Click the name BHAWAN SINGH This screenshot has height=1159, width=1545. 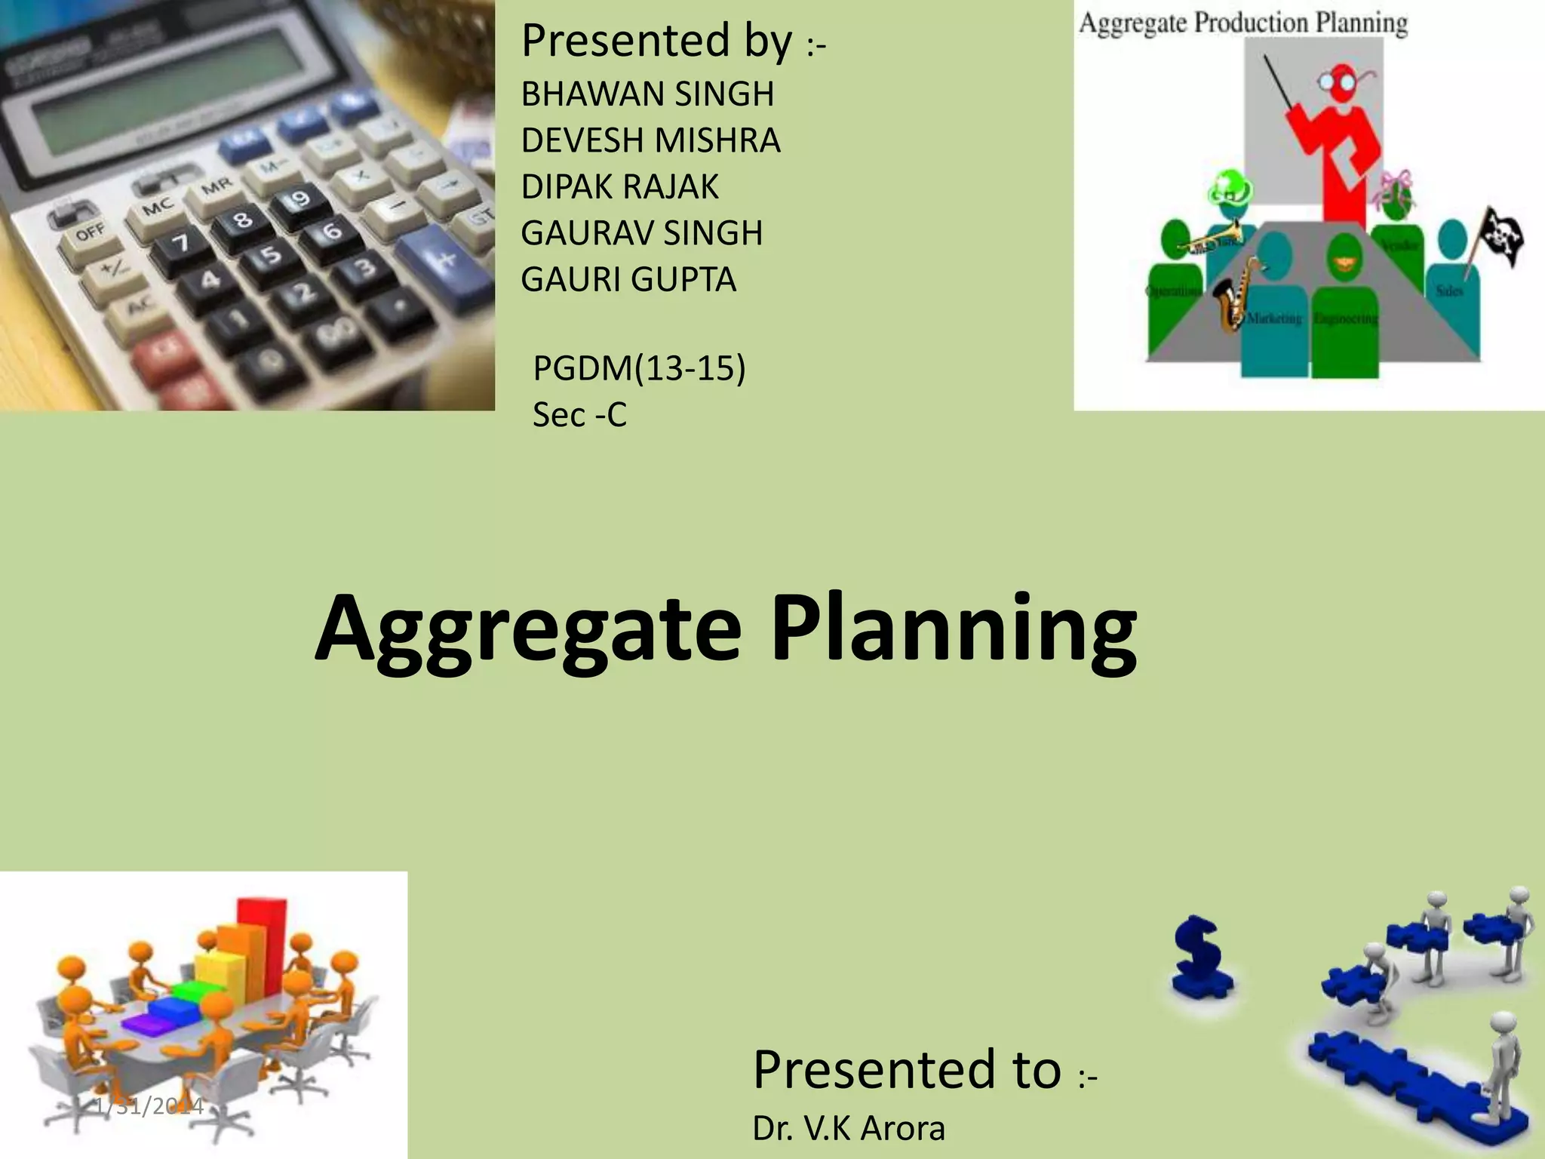click(x=647, y=94)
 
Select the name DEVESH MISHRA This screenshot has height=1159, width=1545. click(x=650, y=140)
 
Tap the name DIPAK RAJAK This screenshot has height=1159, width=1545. click(x=619, y=187)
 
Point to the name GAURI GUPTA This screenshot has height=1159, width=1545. click(x=628, y=280)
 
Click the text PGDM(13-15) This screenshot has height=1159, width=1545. click(x=639, y=369)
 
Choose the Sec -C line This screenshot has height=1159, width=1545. click(x=579, y=415)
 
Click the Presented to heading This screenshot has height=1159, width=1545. click(x=908, y=1069)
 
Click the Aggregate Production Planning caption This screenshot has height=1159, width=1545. click(x=1242, y=23)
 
